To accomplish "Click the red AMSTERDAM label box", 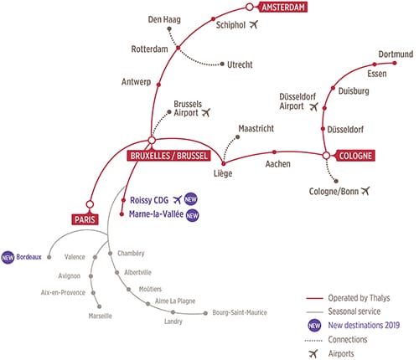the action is coord(283,7).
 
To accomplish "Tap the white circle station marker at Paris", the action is coord(90,204).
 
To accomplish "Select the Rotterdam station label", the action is coord(150,49).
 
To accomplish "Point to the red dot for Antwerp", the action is coord(158,85).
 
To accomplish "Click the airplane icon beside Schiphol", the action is coord(254,24).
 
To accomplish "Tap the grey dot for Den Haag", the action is coord(169,28).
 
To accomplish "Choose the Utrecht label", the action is coord(240,64).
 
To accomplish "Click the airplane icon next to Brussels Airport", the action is coord(206,112).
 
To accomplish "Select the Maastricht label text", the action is coord(256,129).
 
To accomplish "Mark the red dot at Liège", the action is coord(223,163).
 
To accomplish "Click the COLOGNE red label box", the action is coord(355,156).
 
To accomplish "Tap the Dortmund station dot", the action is coord(395,63).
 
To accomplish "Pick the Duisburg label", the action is coord(354,91).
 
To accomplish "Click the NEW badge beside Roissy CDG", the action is coord(191,199).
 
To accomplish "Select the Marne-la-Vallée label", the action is coord(156,214).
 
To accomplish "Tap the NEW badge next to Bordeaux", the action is coord(8,258).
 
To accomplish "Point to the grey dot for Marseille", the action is coord(99,306).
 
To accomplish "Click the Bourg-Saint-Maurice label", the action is coord(240,312).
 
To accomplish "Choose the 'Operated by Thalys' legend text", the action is coord(359,298).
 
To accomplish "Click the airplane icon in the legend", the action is coord(313,353).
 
